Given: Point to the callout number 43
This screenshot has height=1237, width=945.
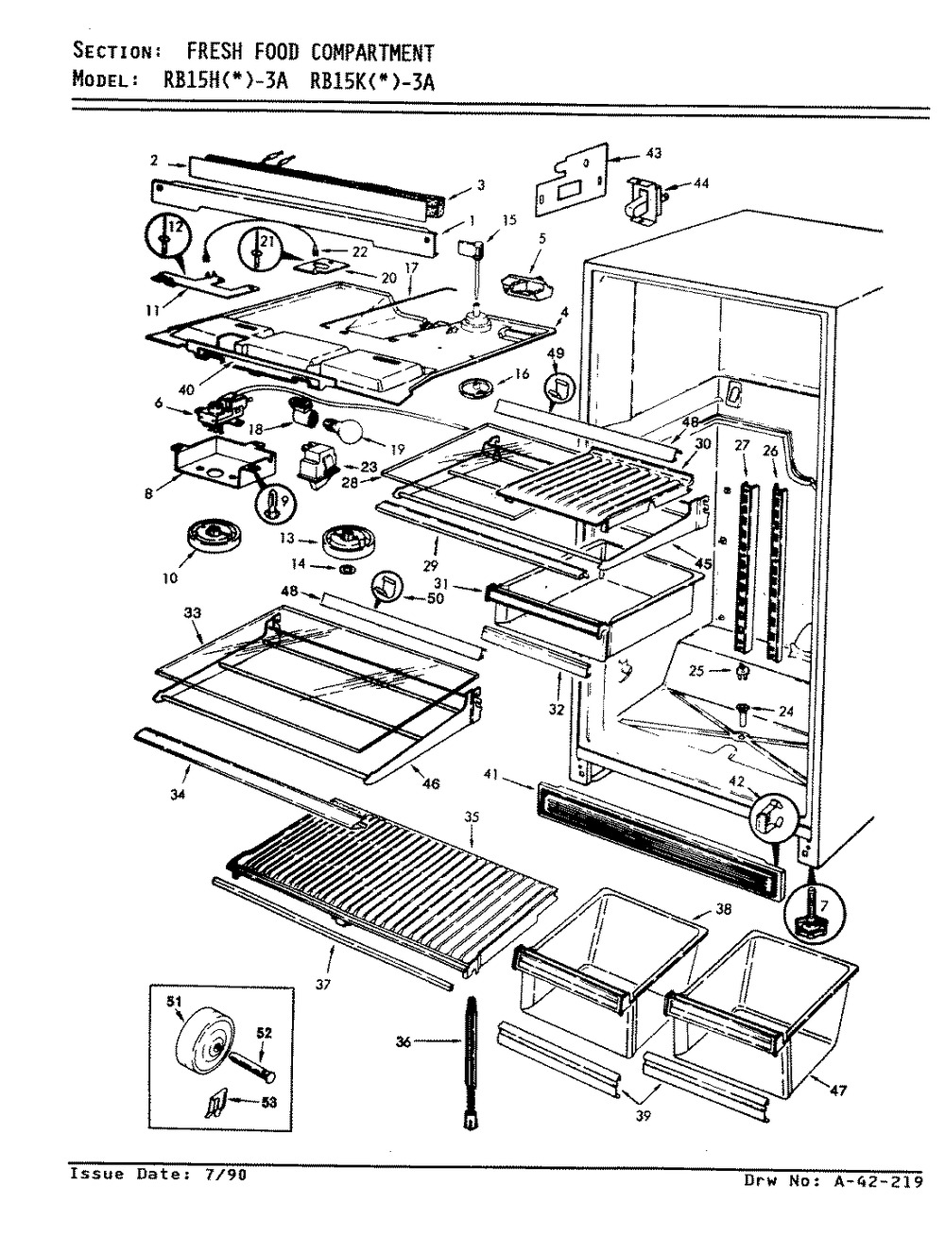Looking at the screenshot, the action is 654,153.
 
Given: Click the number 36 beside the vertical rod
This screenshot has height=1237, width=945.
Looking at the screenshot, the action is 404,1042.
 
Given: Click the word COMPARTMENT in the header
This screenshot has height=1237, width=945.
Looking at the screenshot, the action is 372,52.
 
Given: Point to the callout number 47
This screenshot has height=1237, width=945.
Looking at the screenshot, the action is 838,1091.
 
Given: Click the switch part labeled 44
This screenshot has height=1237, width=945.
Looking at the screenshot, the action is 644,199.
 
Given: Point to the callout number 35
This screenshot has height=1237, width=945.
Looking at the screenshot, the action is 472,817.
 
